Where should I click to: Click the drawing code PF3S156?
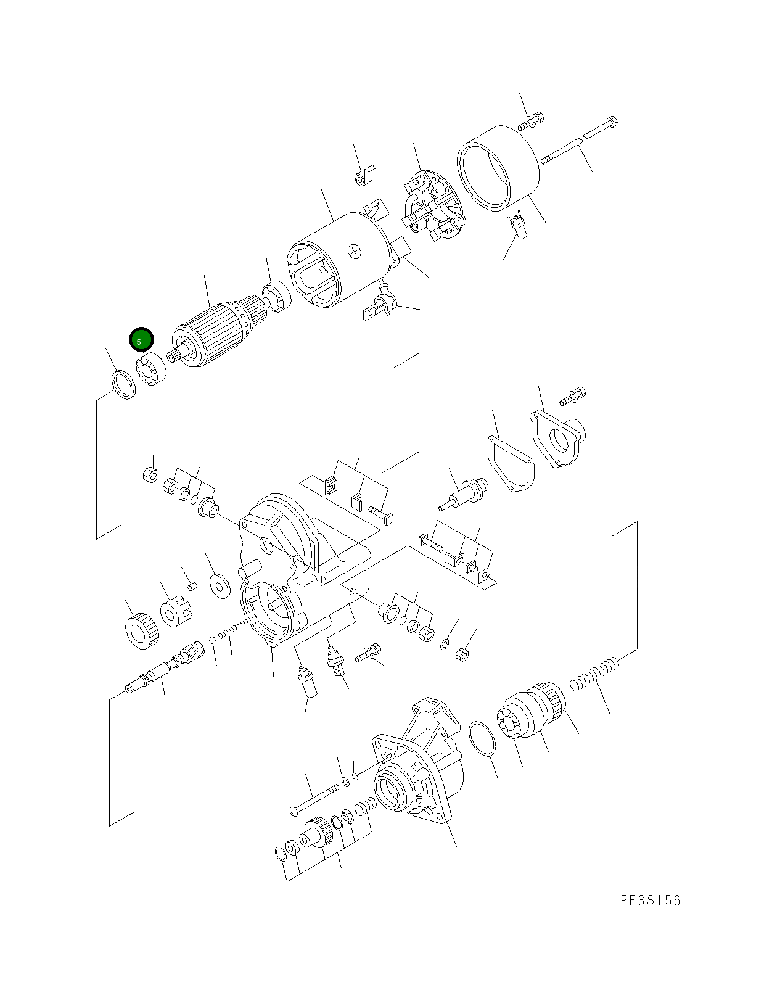[650, 901]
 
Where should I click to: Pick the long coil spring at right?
[593, 674]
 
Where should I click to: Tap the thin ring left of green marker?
[123, 385]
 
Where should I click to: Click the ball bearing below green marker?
[152, 369]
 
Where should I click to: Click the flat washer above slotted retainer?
[218, 584]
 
